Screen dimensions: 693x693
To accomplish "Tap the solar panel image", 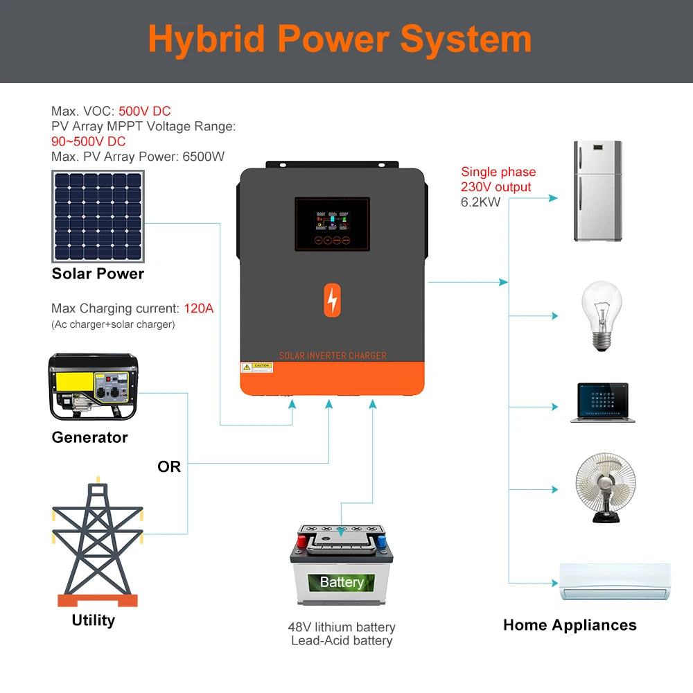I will click(x=98, y=216).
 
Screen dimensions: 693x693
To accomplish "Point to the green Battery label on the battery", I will click(x=342, y=582).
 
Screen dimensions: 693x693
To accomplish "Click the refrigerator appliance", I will click(x=597, y=191).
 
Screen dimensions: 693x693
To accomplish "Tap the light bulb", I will click(x=600, y=315).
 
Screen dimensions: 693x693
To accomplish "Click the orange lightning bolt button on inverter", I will click(x=333, y=300).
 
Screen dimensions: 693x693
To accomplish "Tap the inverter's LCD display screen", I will click(x=332, y=224).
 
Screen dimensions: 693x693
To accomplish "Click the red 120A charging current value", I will click(x=199, y=308).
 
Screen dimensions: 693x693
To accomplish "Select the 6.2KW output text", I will click(x=480, y=202).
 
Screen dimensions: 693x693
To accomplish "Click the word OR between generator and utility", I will click(x=169, y=467).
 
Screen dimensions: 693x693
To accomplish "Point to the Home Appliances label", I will click(x=570, y=625).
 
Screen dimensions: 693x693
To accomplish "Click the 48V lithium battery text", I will click(x=342, y=627).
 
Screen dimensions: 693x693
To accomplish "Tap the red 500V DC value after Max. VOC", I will click(x=144, y=111).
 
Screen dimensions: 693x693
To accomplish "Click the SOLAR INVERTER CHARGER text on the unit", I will click(x=333, y=356).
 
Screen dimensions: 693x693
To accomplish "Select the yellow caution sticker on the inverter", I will click(x=256, y=367).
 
